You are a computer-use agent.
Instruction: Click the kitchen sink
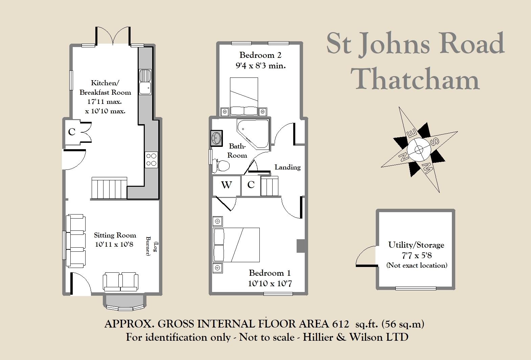click(145, 82)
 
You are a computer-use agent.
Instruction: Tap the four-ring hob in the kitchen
click(151, 160)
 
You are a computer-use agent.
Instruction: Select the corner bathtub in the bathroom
click(253, 134)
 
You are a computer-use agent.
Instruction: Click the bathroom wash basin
click(217, 138)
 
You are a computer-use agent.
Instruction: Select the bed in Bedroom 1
click(236, 245)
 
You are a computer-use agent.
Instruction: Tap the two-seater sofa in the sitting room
click(121, 282)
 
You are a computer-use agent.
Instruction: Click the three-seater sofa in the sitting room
click(76, 241)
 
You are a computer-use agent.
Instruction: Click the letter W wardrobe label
click(226, 185)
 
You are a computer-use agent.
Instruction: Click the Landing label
click(287, 167)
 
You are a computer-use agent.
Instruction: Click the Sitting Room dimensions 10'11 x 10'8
click(114, 244)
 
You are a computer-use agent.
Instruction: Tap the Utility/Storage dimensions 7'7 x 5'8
click(416, 255)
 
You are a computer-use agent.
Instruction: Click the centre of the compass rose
click(419, 150)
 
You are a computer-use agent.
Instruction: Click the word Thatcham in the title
click(415, 78)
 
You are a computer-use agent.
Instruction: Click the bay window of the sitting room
click(125, 303)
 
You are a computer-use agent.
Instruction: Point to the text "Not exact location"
click(417, 265)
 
